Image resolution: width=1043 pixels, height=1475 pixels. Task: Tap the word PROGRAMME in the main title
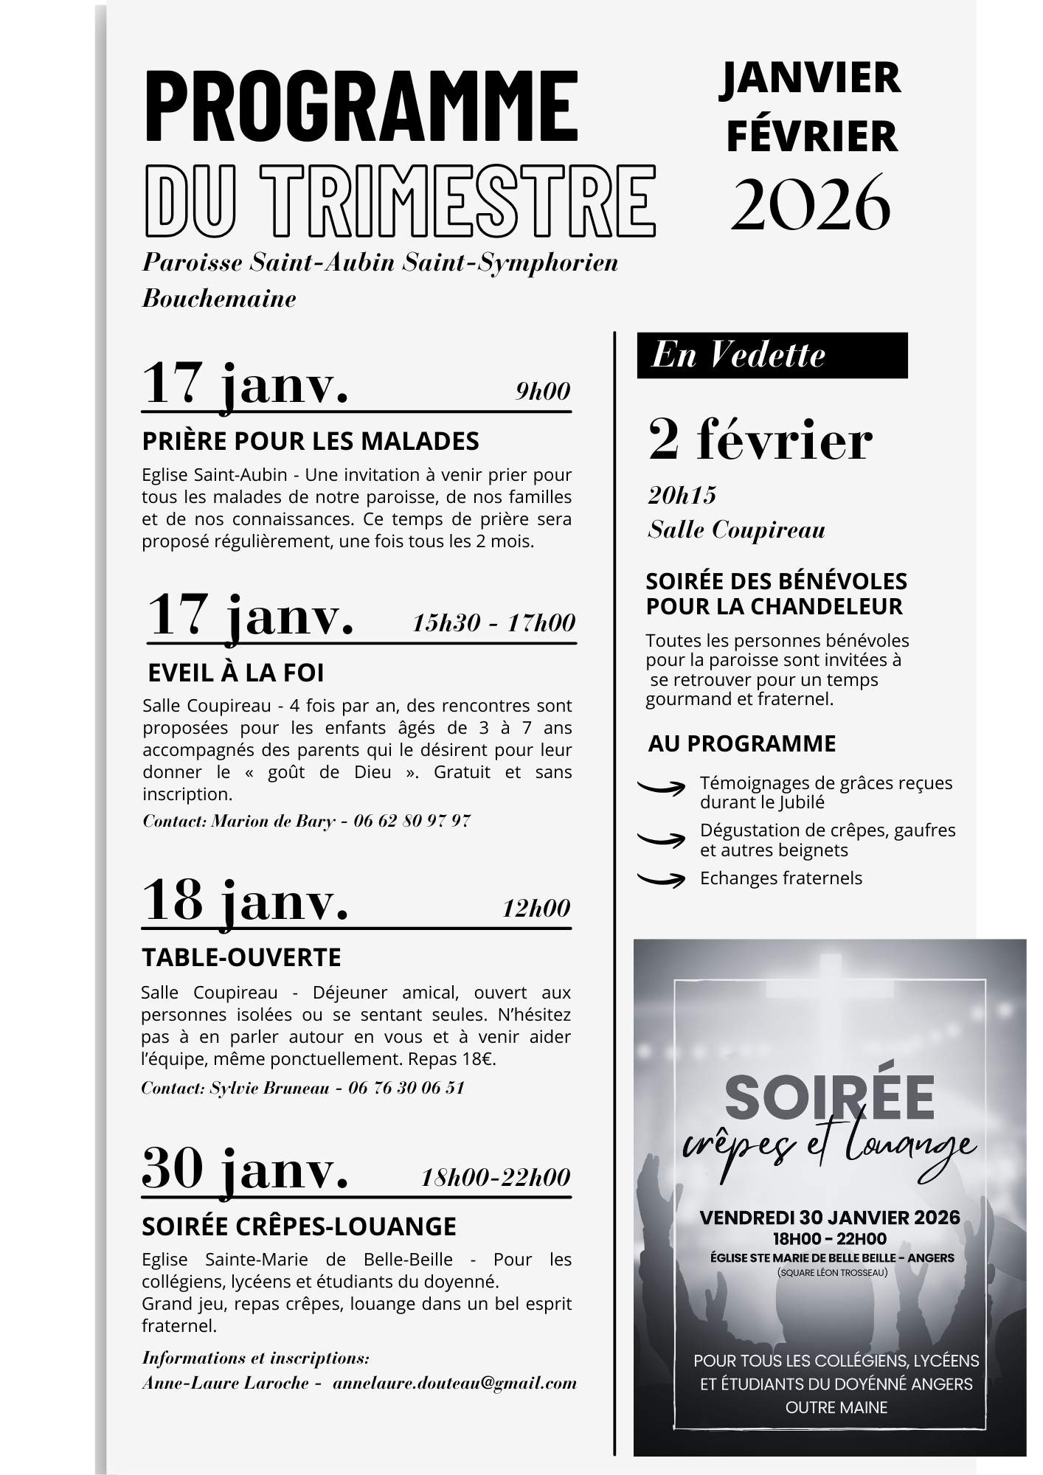point(361,105)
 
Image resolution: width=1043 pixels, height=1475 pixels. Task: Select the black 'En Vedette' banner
point(772,355)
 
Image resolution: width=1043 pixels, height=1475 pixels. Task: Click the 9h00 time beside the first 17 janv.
point(543,391)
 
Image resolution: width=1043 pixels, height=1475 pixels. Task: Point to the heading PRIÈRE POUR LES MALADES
point(311,441)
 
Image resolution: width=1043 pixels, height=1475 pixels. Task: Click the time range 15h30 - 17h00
point(493,623)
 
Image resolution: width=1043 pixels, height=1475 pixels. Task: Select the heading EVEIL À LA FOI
point(236,673)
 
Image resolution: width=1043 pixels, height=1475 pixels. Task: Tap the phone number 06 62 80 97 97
point(412,821)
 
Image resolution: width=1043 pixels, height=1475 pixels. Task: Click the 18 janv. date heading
point(245,900)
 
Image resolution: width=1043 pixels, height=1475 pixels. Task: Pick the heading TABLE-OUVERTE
point(241,957)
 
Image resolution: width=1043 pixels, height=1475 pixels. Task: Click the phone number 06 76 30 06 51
point(406,1088)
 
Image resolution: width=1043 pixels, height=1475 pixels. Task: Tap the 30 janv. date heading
point(245,1170)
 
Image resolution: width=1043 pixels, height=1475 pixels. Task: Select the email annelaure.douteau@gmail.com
point(454,1383)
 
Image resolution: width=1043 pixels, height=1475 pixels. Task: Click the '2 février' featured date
point(760,440)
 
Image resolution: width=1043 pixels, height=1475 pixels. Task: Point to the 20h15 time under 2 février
point(682,495)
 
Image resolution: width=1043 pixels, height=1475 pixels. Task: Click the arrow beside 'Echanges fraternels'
point(661,878)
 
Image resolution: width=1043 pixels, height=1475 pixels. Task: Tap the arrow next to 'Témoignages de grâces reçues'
point(661,788)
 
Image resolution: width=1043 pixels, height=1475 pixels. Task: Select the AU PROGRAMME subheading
point(741,743)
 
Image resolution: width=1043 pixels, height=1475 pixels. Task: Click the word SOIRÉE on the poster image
point(830,1097)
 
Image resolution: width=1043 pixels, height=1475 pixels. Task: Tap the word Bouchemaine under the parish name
point(219,299)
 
